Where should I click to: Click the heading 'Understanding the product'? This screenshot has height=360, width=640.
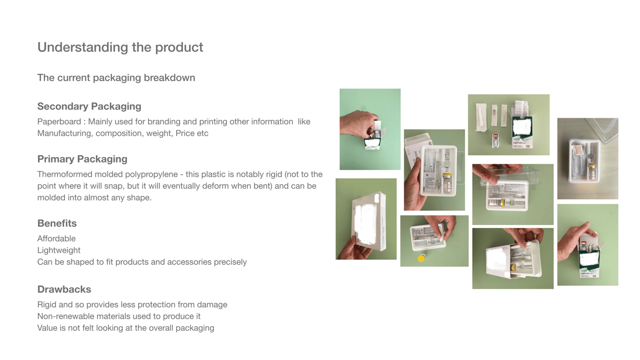tap(120, 48)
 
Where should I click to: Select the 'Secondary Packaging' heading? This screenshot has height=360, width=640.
tap(89, 106)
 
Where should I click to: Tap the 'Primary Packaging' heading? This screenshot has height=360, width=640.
tap(82, 159)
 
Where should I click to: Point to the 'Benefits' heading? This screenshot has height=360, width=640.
tap(57, 223)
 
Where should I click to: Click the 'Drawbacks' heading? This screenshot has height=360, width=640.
tap(64, 289)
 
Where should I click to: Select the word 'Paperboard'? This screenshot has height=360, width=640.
tap(59, 122)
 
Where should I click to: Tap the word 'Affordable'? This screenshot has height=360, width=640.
tap(56, 239)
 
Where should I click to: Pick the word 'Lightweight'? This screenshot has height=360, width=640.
tap(59, 251)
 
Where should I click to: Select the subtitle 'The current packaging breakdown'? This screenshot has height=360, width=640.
tap(116, 78)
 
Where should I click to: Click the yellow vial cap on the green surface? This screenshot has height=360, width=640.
tap(421, 258)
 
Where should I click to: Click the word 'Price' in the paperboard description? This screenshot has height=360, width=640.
tap(185, 133)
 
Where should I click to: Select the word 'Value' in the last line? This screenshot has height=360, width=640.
tap(47, 328)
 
